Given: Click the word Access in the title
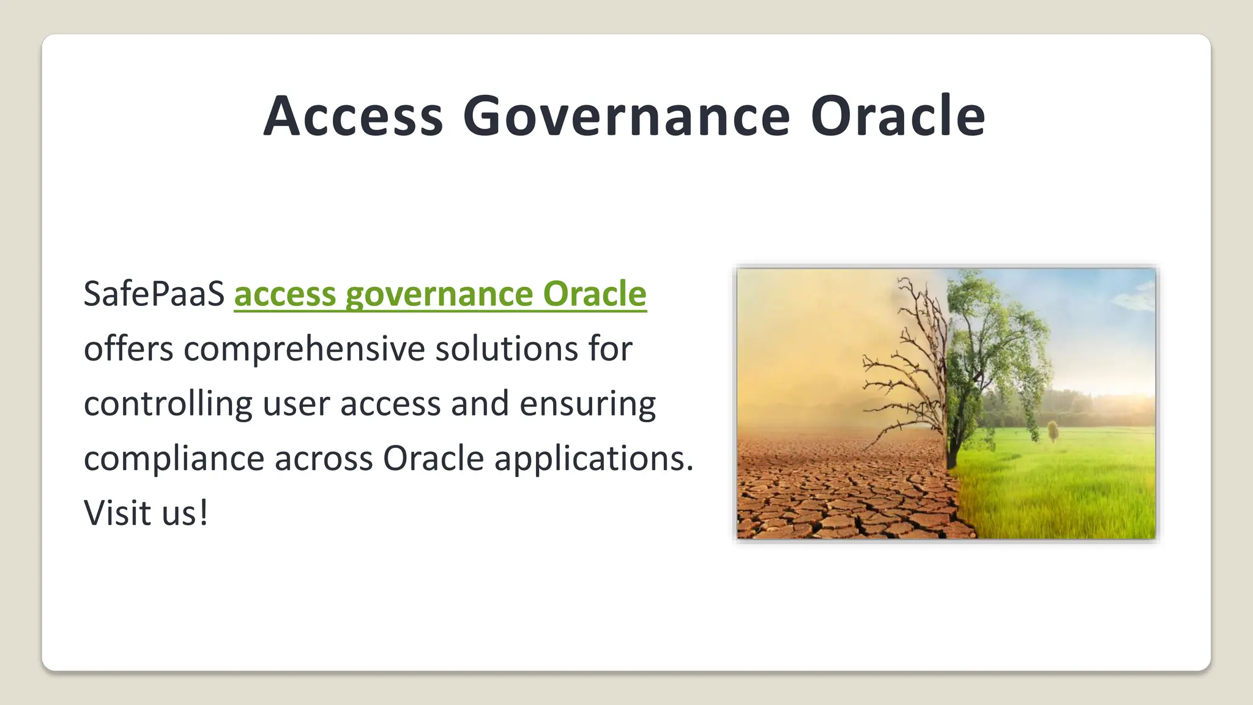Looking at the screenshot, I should point(353,116).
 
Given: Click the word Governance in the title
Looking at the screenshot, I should point(626,116).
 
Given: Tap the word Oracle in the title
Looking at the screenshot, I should point(898,116).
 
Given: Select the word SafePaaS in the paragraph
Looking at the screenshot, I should point(154,294).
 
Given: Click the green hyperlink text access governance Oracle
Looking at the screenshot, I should point(440,294).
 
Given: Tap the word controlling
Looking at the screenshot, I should point(168,405).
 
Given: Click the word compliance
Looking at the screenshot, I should point(174,459).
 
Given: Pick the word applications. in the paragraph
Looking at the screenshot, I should point(593,459).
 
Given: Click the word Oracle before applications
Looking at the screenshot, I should point(433,459).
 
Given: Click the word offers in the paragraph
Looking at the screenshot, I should point(128,349).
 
